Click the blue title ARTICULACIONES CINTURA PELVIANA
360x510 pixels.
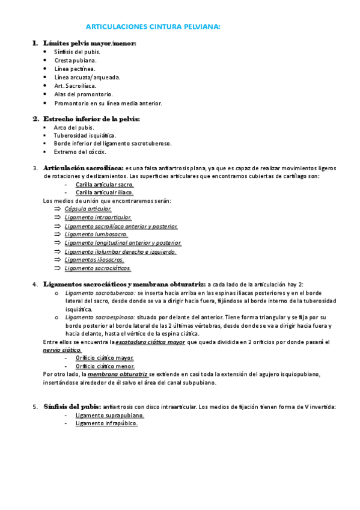(153, 27)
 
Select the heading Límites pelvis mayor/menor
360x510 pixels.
(90, 43)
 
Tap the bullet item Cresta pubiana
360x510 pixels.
(75, 60)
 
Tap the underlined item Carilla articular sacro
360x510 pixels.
(105, 184)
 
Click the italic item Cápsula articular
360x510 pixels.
(88, 209)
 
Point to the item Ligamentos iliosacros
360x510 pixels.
(94, 259)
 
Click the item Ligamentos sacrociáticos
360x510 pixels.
(98, 268)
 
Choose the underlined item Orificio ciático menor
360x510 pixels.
(105, 366)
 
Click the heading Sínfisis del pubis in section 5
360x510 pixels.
(72, 407)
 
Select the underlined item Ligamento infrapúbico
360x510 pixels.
(106, 423)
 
